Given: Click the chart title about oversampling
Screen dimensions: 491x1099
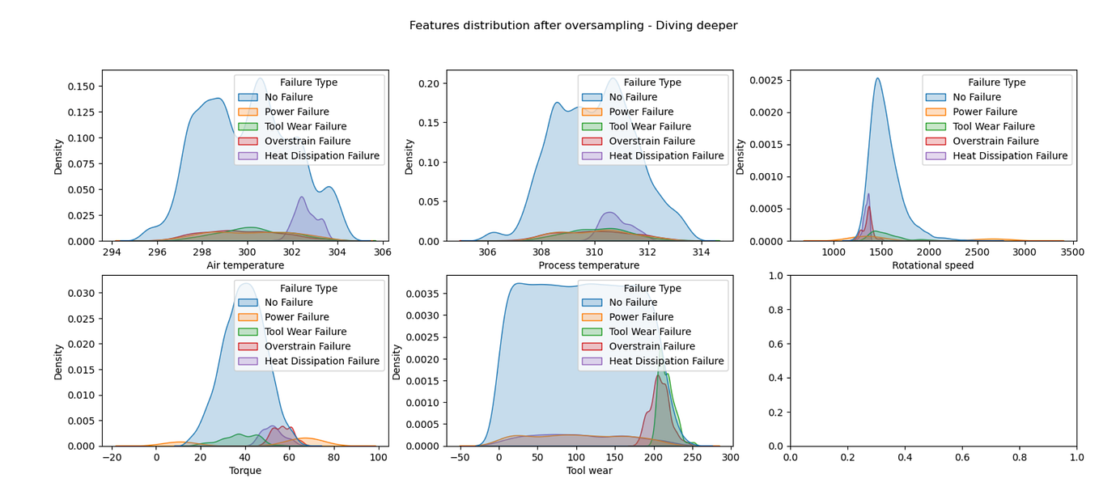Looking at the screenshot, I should coord(573,25).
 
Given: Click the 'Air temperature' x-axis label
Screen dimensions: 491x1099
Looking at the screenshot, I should coord(245,265).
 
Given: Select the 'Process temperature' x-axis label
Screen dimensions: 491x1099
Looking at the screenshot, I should coord(589,265).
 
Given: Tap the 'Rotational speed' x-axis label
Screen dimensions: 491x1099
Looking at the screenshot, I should coord(932,265).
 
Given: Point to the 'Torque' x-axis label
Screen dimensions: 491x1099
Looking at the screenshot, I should coord(245,471).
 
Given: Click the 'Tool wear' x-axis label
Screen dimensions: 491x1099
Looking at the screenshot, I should coord(589,471).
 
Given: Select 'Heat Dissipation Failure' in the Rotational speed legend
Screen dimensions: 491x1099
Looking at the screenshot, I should coord(1010,155).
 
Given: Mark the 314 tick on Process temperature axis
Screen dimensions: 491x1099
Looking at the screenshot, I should coord(701,252).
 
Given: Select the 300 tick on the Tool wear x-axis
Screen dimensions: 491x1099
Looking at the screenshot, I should coord(730,458).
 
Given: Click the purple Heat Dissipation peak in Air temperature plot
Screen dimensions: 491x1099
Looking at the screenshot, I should coord(301,197).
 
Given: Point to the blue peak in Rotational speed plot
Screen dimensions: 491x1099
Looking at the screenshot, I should coord(877,78).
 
